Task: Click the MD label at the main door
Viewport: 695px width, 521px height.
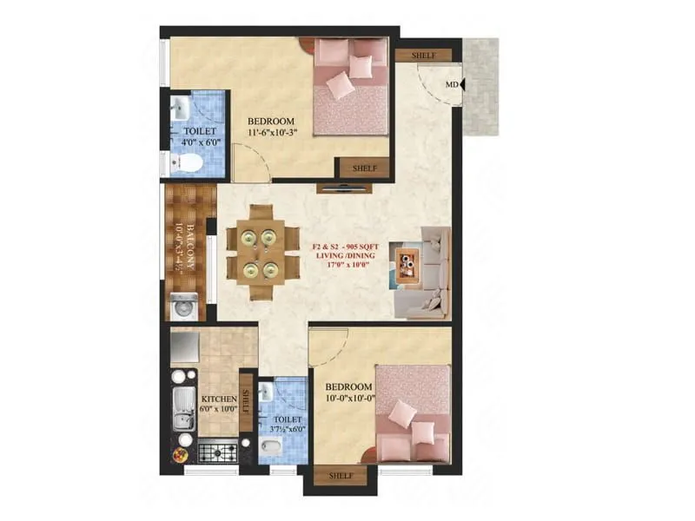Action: point(451,85)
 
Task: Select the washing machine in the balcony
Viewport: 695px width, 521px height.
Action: point(184,308)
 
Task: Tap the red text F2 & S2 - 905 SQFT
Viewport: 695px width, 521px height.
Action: point(347,247)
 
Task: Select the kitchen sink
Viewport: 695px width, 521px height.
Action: point(183,410)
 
